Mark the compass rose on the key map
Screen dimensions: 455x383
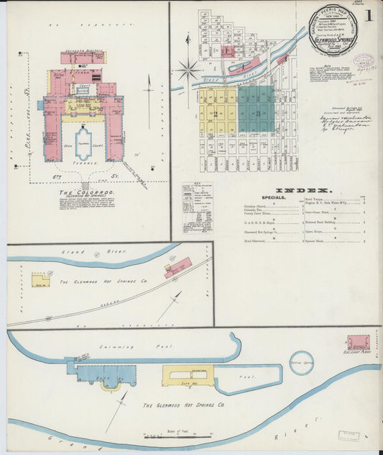190,71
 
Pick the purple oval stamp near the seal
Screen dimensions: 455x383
364,61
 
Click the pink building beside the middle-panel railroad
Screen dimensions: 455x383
177,267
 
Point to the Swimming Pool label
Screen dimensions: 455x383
152,346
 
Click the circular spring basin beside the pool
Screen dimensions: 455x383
302,362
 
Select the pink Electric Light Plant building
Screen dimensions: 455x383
358,343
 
